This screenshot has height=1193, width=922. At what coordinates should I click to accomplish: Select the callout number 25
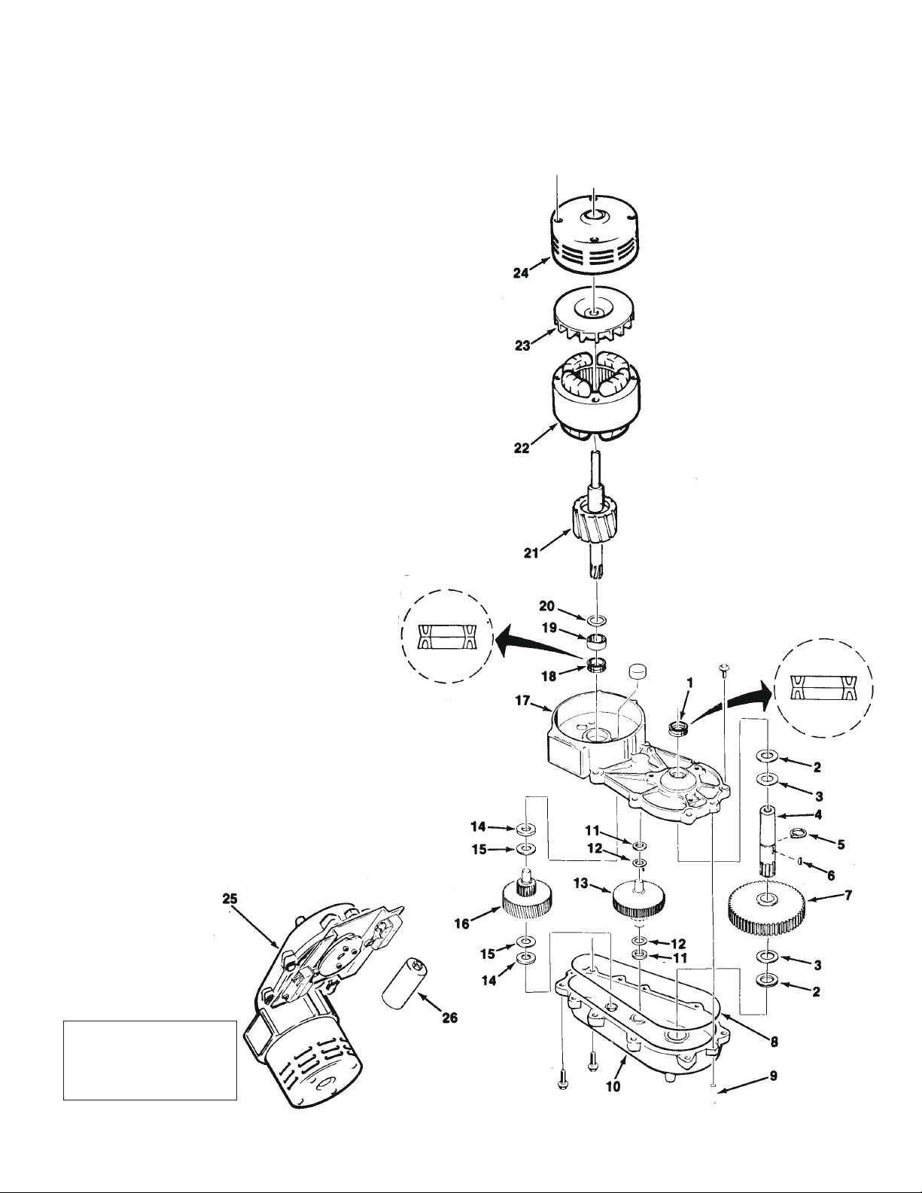(x=230, y=898)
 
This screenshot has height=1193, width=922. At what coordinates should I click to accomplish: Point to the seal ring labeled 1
(x=679, y=727)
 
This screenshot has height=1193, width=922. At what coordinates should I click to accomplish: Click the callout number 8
(x=774, y=1042)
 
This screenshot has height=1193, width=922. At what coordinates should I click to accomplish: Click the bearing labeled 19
(x=597, y=642)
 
